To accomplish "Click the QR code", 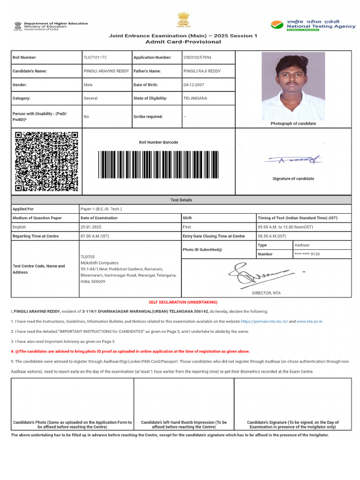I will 46,161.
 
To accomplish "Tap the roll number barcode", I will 158,164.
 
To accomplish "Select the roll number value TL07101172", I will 95,57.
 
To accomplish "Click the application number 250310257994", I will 197,57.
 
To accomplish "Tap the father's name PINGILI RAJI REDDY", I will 202,71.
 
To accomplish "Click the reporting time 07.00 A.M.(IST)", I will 95,236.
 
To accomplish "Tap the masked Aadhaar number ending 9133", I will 307,254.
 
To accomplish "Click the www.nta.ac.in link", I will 309,322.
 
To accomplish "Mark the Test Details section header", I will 181,200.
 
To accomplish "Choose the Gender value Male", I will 88,85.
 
